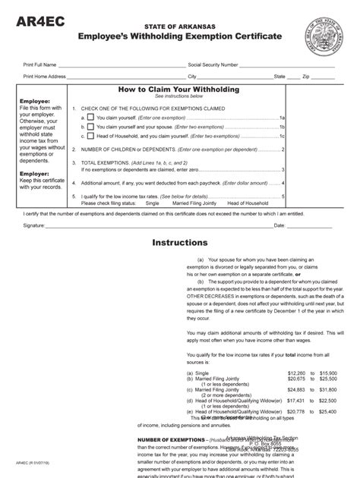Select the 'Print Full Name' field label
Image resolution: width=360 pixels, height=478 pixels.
41,65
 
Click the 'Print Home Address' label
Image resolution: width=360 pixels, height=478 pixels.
45,77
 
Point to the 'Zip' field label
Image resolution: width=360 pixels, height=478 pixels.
306,77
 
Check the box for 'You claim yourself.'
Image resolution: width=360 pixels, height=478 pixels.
91,118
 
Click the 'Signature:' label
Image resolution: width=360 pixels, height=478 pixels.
34,225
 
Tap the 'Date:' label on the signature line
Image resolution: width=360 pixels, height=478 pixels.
279,225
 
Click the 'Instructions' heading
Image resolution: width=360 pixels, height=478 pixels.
179,243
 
